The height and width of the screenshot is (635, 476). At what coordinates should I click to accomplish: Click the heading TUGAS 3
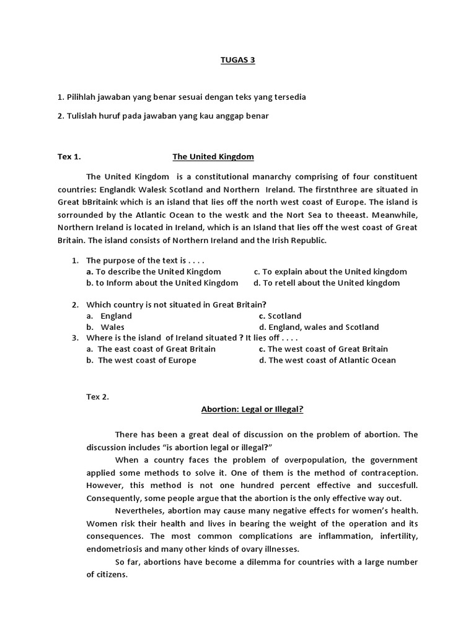click(x=238, y=60)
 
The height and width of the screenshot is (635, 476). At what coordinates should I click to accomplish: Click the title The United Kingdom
click(x=213, y=157)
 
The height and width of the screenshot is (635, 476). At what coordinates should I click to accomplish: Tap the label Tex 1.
click(x=69, y=157)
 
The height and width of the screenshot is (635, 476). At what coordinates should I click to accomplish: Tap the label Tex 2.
click(x=98, y=397)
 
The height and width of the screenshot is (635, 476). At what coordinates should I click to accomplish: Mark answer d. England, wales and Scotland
click(x=319, y=327)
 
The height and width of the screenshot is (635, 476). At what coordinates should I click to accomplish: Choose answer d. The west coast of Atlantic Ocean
click(x=327, y=360)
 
